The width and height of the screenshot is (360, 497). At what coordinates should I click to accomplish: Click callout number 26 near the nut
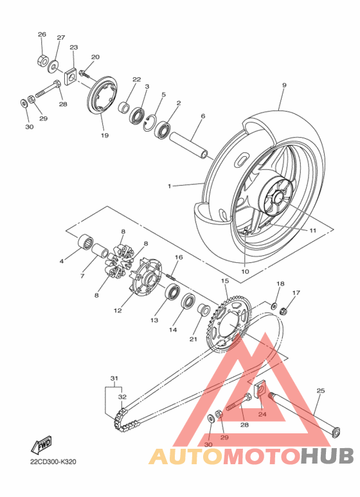[42, 34]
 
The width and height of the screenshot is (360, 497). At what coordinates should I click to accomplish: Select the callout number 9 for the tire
[283, 85]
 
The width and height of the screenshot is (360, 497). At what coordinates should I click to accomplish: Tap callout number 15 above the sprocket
[225, 281]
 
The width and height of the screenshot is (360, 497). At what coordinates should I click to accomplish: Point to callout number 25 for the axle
[321, 390]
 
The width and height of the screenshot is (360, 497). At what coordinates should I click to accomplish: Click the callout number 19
[104, 136]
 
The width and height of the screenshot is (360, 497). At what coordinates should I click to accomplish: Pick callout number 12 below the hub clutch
[118, 311]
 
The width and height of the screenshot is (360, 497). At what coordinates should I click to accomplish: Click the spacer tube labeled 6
[191, 145]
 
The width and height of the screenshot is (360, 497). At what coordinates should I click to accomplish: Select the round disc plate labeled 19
[102, 98]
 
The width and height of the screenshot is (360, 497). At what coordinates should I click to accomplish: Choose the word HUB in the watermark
[327, 455]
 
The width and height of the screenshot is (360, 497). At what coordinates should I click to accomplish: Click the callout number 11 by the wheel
[313, 230]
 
